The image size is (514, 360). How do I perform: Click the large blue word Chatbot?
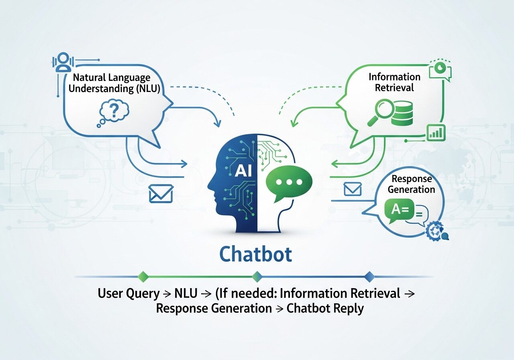pos(256,254)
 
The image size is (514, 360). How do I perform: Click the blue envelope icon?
pos(160,193)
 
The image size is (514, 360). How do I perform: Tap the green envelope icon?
pos(353,189)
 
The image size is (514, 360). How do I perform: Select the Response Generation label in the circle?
pos(411,184)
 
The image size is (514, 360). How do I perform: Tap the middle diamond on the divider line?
pos(257,276)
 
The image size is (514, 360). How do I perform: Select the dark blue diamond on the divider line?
pos(369,276)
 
